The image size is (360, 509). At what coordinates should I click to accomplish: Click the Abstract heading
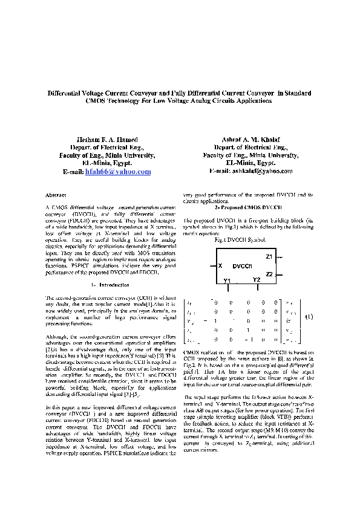click(x=56, y=195)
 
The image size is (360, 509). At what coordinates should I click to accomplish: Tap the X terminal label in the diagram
click(x=220, y=266)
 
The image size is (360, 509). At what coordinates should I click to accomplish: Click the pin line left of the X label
click(x=212, y=266)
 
